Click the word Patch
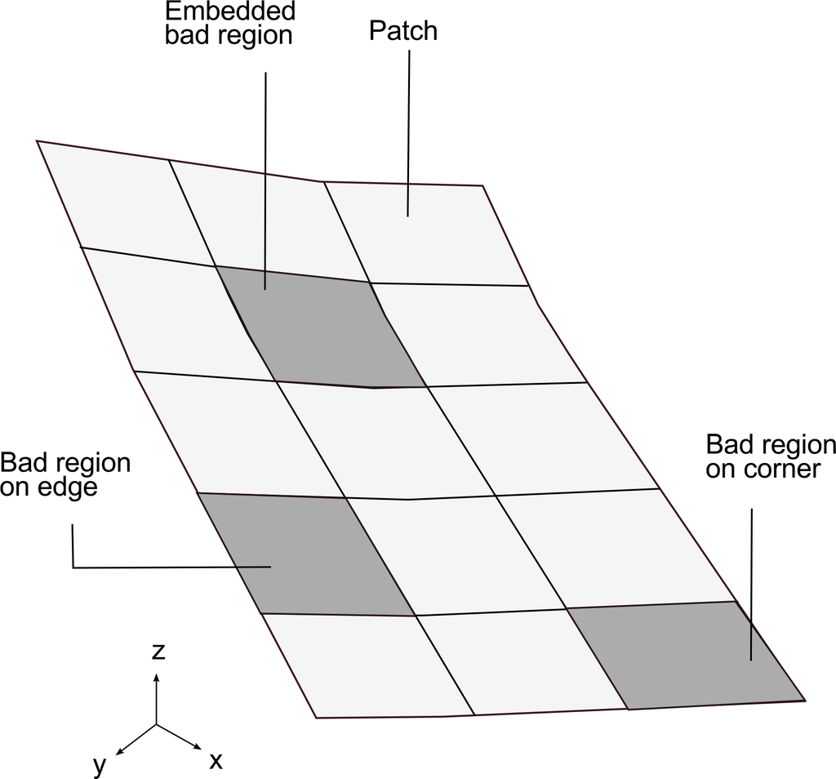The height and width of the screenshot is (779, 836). pyautogui.click(x=402, y=31)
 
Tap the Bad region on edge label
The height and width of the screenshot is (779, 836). pyautogui.click(x=65, y=474)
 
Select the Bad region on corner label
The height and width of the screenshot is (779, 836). pyautogui.click(x=770, y=457)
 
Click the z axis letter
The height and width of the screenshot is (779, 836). pyautogui.click(x=159, y=651)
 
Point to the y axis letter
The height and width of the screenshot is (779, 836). pyautogui.click(x=100, y=764)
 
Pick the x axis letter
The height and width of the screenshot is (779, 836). pyautogui.click(x=216, y=761)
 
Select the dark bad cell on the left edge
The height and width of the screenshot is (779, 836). pyautogui.click(x=306, y=555)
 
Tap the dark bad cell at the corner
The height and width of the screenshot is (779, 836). pyautogui.click(x=686, y=657)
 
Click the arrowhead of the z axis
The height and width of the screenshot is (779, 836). pyautogui.click(x=157, y=675)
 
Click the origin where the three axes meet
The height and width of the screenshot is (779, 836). pyautogui.click(x=157, y=724)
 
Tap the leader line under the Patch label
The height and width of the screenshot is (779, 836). pyautogui.click(x=408, y=131)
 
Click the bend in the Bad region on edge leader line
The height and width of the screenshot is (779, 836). pyautogui.click(x=73, y=566)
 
